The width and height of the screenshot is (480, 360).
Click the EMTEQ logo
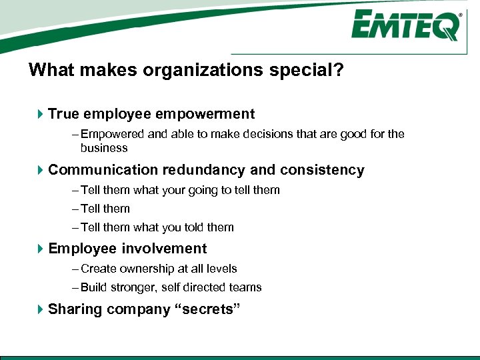pyautogui.click(x=405, y=27)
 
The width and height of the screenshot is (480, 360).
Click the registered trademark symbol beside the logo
pyautogui.click(x=460, y=13)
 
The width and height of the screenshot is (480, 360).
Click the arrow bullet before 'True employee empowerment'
pyautogui.click(x=40, y=115)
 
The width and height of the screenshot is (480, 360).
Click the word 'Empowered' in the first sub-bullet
pyautogui.click(x=111, y=134)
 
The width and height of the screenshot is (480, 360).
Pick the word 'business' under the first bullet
pyautogui.click(x=104, y=147)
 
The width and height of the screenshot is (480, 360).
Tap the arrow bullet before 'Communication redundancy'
pyautogui.click(x=40, y=171)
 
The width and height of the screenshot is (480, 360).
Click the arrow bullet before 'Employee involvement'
pyautogui.click(x=40, y=249)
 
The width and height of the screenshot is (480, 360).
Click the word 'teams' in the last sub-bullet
pyautogui.click(x=246, y=287)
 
